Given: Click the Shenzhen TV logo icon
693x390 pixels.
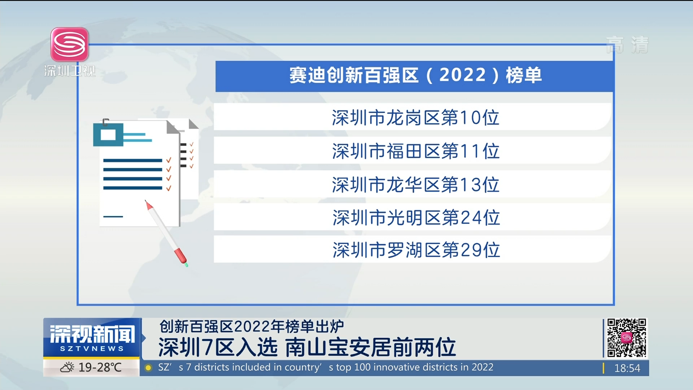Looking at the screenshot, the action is (x=70, y=44).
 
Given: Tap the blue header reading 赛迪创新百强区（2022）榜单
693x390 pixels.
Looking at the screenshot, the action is (x=414, y=76).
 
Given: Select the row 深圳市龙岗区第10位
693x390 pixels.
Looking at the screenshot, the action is (x=413, y=117).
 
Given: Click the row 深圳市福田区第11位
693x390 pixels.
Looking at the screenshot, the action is (x=413, y=150).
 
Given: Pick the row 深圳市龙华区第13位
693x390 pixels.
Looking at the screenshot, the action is (x=413, y=184).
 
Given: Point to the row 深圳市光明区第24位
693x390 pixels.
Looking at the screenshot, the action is (x=413, y=217).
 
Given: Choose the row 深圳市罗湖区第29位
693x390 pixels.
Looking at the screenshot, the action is (x=413, y=249).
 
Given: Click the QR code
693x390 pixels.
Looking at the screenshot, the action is (x=626, y=338).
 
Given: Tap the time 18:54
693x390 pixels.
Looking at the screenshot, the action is (x=627, y=368).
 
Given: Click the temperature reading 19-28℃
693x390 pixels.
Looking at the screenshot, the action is (x=100, y=368).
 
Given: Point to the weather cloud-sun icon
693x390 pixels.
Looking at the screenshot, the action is (x=67, y=368).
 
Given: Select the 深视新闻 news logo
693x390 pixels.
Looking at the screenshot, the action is (x=92, y=337).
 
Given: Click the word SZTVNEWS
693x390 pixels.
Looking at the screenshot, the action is (x=92, y=349).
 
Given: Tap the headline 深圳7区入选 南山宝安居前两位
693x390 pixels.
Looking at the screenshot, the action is (x=307, y=347).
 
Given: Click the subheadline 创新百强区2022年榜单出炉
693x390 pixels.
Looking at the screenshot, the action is (x=252, y=326).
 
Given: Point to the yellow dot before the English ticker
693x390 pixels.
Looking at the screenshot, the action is (x=148, y=368).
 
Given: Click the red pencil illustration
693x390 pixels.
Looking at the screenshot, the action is (x=166, y=233).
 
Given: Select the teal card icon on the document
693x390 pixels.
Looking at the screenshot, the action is (x=108, y=135).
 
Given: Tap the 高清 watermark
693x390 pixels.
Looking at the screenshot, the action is (x=627, y=45).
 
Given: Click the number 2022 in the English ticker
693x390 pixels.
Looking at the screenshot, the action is (x=482, y=367).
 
